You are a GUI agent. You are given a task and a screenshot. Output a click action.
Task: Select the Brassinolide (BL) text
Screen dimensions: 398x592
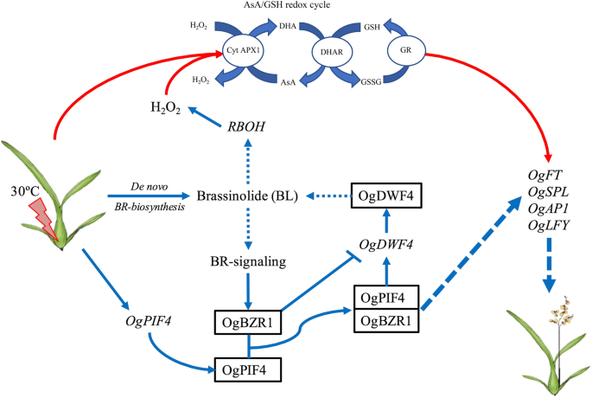tap(247, 196)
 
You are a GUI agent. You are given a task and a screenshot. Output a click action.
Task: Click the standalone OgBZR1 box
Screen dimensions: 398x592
tap(247, 324)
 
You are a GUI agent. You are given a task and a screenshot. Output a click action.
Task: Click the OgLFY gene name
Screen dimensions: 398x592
tap(551, 227)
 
